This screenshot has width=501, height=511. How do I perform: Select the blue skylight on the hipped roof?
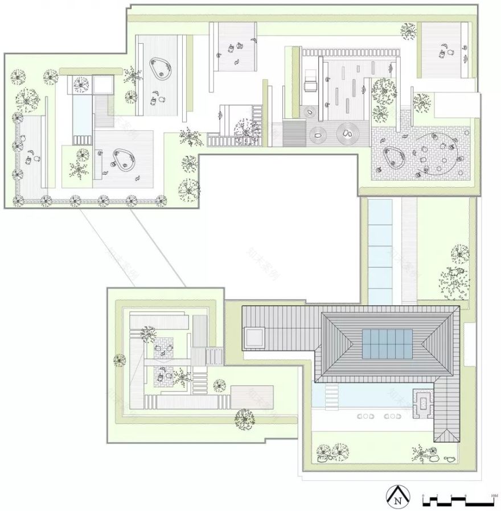click(387, 344)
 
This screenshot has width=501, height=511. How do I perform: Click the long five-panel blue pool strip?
click(380, 252)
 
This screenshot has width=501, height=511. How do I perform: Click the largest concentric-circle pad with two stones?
click(347, 135)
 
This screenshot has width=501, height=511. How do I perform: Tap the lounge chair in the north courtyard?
click(311, 85)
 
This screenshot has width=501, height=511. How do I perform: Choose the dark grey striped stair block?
click(294, 134)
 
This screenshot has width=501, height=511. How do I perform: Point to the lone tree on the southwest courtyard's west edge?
click(120, 359)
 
